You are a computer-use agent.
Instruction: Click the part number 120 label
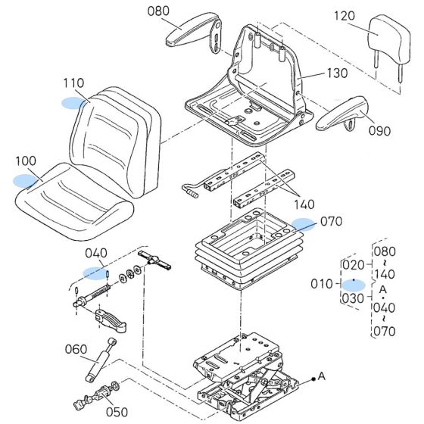coord(344,16)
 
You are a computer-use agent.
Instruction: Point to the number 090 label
coord(380,129)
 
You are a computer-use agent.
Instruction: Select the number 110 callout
coord(73,83)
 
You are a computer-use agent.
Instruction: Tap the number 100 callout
coord(25,161)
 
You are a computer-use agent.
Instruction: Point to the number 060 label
coord(75,349)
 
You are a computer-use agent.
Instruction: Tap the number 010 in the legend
coord(322,284)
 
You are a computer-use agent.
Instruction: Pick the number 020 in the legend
coord(353,265)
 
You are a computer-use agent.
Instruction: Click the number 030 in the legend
coord(353,298)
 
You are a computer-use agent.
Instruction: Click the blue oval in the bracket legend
coord(354,284)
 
